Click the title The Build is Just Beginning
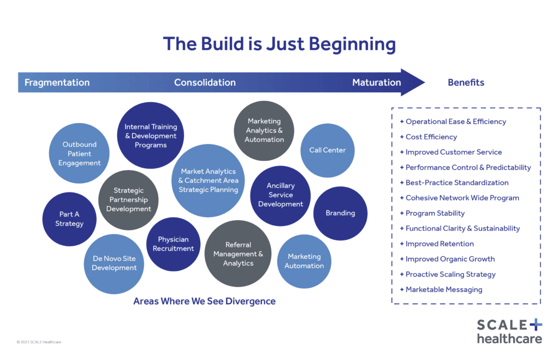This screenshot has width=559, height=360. [x=279, y=44]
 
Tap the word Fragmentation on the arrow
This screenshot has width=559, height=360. [x=57, y=83]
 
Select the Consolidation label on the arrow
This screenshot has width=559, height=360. [x=205, y=83]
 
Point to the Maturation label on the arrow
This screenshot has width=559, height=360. [x=376, y=83]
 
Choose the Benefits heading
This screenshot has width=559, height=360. [x=466, y=83]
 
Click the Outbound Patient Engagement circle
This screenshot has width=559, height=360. [x=80, y=153]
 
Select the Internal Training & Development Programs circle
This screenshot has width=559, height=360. [x=150, y=136]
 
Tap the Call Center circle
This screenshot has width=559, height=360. [x=328, y=150]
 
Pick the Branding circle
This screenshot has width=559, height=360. [x=340, y=213]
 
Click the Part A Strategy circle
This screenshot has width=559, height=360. [x=69, y=219]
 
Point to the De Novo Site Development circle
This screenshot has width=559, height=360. [x=114, y=263]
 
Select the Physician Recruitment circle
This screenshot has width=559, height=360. [x=173, y=244]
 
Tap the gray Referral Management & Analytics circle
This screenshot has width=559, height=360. [x=238, y=254]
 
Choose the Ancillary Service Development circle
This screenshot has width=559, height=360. [x=281, y=195]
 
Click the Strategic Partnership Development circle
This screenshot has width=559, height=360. [x=128, y=200]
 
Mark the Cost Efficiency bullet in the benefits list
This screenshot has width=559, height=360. [x=431, y=137]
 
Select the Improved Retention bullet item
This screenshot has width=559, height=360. [x=439, y=244]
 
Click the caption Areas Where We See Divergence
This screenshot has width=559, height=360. [x=204, y=301]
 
